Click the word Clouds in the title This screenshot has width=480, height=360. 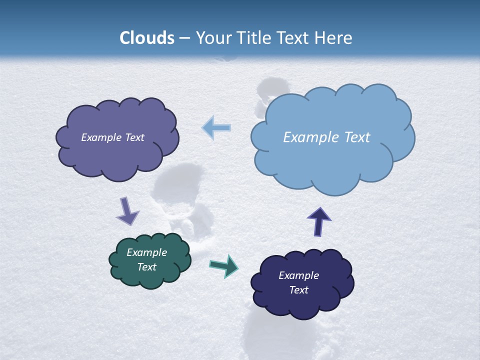[147, 38]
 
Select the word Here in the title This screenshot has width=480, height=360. [334, 38]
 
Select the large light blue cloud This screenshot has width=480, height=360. [332, 160]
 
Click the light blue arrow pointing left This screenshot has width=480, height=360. [216, 128]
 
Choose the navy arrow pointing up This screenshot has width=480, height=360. [319, 221]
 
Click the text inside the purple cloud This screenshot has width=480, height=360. [112, 137]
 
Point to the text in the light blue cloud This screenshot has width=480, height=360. [326, 137]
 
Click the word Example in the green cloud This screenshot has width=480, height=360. [146, 252]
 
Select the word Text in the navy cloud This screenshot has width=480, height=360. [298, 290]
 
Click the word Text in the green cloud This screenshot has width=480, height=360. [146, 267]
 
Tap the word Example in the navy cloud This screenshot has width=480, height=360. [298, 275]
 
